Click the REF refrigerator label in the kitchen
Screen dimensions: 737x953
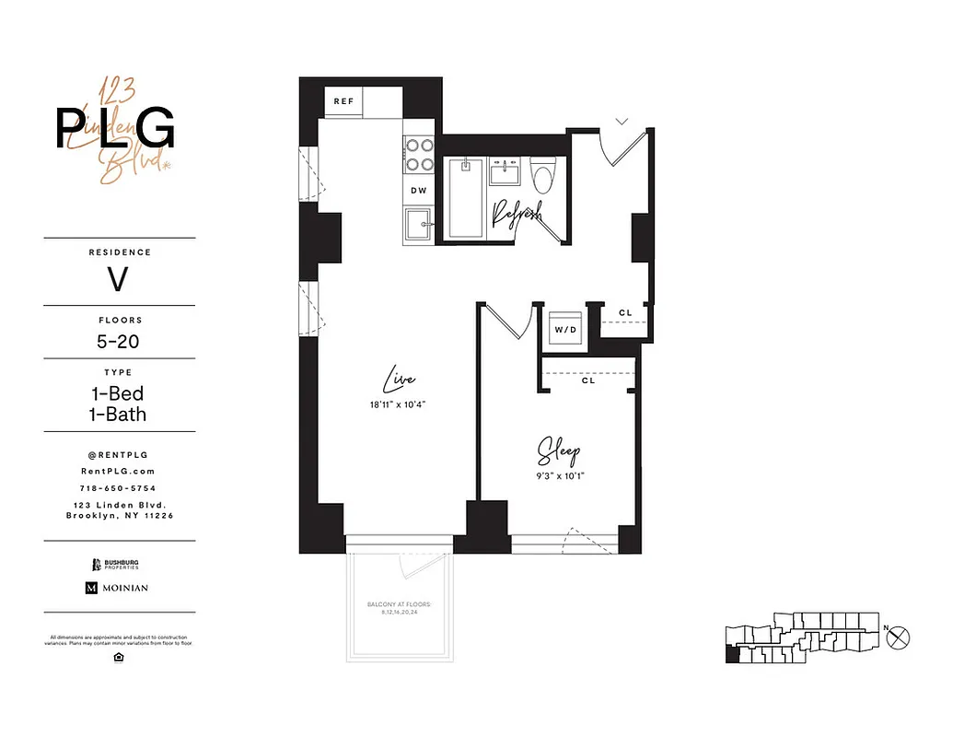coord(343,101)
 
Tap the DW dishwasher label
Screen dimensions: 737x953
coord(418,191)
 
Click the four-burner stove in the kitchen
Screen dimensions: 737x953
coord(420,155)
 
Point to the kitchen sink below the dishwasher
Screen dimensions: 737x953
coord(420,225)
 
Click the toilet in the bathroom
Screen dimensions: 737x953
coord(543,175)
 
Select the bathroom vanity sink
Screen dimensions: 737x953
coord(504,172)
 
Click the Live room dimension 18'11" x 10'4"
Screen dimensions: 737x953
coord(397,404)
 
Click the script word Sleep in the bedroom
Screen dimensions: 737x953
coord(559,452)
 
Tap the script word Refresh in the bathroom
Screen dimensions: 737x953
coord(516,214)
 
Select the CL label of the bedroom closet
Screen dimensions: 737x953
coord(587,380)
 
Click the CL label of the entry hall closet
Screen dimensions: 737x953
coord(625,313)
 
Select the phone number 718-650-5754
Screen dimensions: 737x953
coord(119,487)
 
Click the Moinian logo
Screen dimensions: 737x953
coord(117,588)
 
